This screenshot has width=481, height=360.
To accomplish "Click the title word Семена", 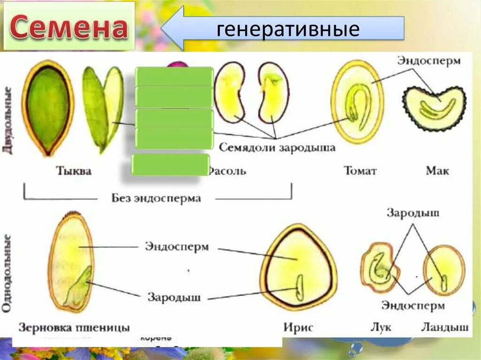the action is coord(69,27).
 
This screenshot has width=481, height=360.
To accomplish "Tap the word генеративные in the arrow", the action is coord(288,29).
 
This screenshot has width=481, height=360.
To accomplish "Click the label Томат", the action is coord(360,170).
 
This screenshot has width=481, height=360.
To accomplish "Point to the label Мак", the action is coord(437,170).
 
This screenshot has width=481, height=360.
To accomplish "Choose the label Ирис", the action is coord(298,327).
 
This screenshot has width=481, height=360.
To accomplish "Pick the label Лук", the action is coord(381,327).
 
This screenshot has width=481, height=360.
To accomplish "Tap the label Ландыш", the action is coord(444,327).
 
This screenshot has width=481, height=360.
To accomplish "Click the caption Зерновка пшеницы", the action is coord(74,327).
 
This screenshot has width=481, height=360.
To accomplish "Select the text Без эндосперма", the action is coord(156,198).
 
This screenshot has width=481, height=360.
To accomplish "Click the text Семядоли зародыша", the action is coord(277,147).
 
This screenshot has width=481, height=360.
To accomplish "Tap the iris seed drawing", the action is coord(299,268).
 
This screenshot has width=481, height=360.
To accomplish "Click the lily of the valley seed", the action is coord(443,270).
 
